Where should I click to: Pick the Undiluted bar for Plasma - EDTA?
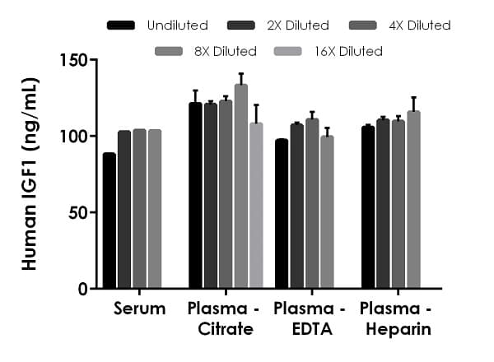point(282,214)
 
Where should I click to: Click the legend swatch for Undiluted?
point(121,26)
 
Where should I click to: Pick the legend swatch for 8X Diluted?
point(170,51)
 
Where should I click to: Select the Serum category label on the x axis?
point(140,310)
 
